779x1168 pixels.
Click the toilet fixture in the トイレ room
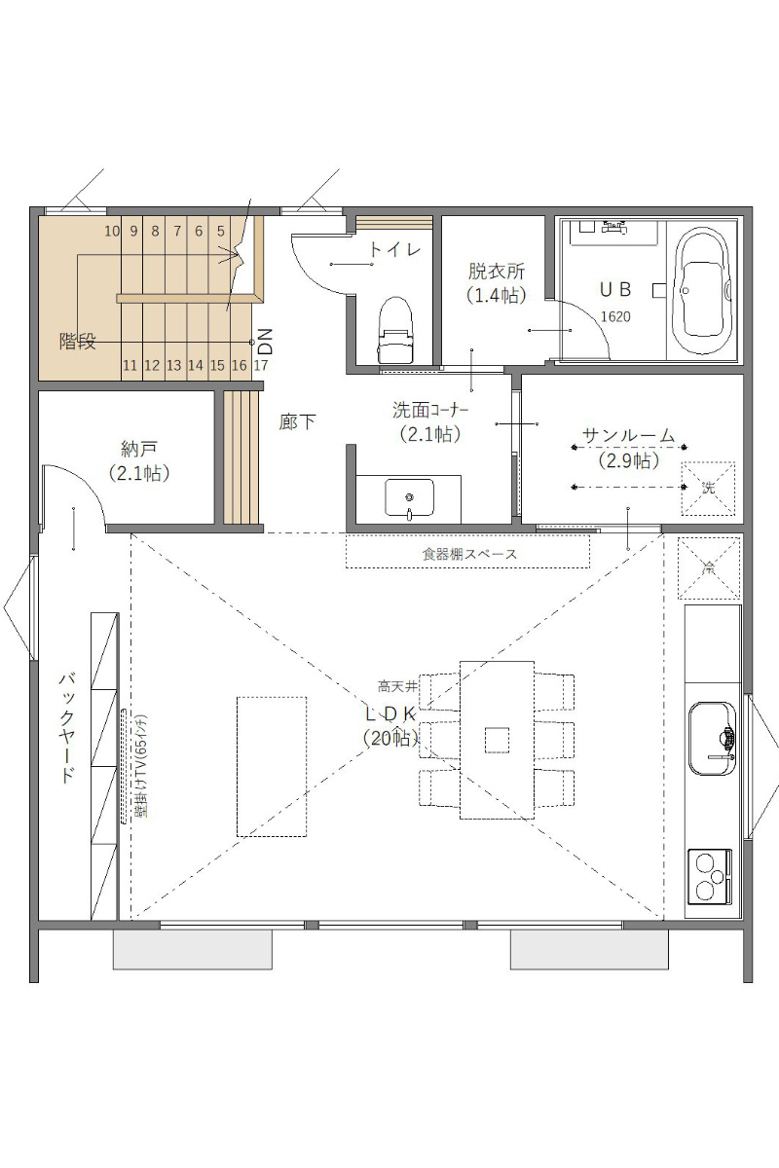click(x=396, y=330)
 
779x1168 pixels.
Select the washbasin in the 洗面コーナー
click(x=409, y=499)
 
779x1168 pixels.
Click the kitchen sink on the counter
click(x=712, y=739)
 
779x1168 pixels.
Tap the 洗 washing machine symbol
click(x=708, y=489)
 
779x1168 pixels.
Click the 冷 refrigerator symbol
click(x=709, y=567)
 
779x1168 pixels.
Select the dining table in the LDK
click(x=497, y=740)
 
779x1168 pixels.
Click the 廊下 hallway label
click(x=297, y=421)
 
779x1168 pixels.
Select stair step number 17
click(x=261, y=365)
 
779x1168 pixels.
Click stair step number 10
click(x=112, y=231)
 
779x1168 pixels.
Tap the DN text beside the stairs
click(x=265, y=341)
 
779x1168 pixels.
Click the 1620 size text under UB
click(x=615, y=316)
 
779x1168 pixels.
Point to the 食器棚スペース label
click(x=469, y=554)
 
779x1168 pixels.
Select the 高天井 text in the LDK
click(x=397, y=687)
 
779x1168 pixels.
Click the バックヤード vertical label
click(x=67, y=728)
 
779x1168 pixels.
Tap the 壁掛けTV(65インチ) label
click(x=141, y=765)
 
